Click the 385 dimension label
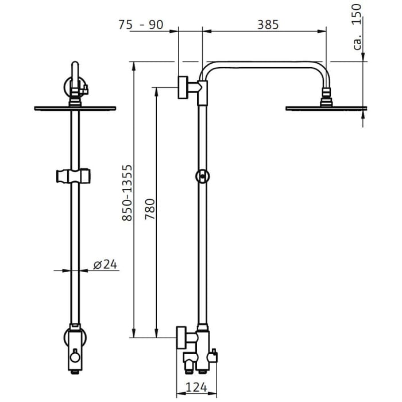tap(267, 25)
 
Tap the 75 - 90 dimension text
tap(141, 25)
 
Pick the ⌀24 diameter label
tap(105, 264)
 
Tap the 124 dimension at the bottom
tap(196, 388)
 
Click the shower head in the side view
tap(326, 107)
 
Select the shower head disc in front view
tap(75, 108)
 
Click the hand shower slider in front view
tap(75, 175)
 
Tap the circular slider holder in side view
tap(202, 176)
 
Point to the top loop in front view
tap(74, 72)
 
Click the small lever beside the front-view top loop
tap(84, 88)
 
